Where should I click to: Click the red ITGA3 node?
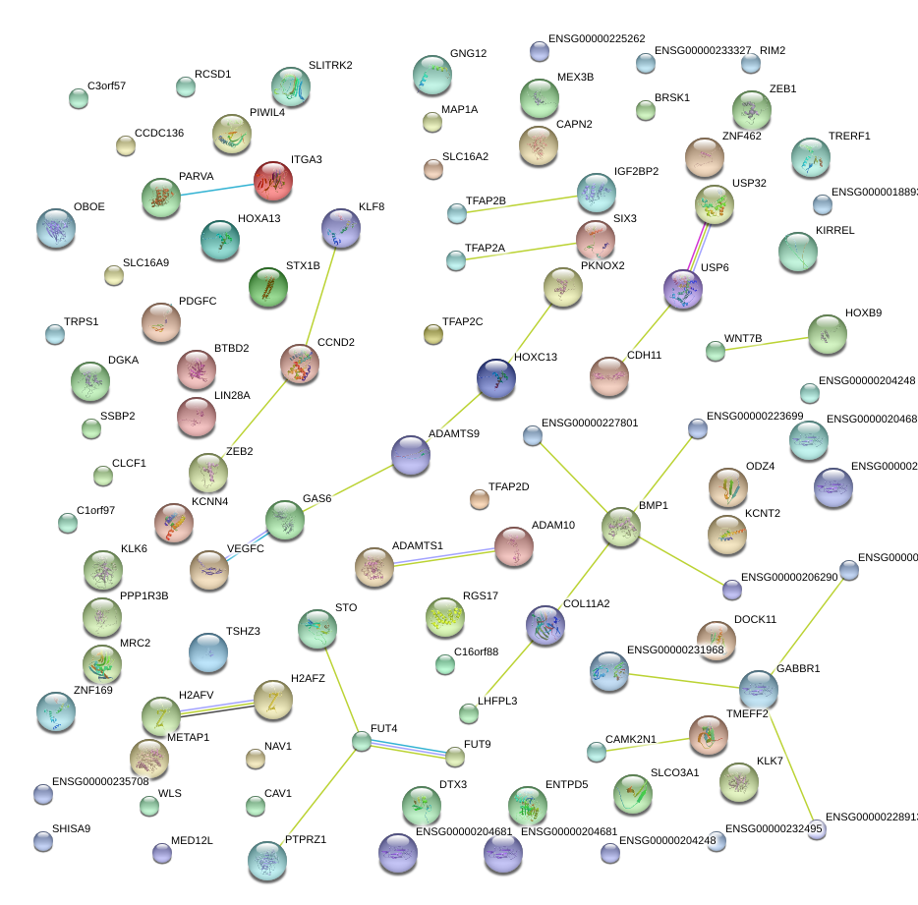pos(272,181)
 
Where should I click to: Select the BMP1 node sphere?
pos(620,528)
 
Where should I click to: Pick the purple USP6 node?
pos(682,289)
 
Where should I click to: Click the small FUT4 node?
pos(362,742)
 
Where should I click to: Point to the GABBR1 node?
pos(758,690)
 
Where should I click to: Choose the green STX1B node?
pos(267,287)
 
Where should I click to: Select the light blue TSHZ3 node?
pos(207,652)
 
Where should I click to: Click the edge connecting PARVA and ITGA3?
pos(217,190)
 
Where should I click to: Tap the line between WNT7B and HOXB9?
pos(770,342)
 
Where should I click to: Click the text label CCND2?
pos(335,343)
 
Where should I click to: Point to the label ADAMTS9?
pos(454,433)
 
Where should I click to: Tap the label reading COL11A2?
pos(587,603)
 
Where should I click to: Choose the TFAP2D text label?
pos(508,487)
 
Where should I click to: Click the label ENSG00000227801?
pos(590,424)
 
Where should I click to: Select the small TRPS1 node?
pos(55,334)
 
